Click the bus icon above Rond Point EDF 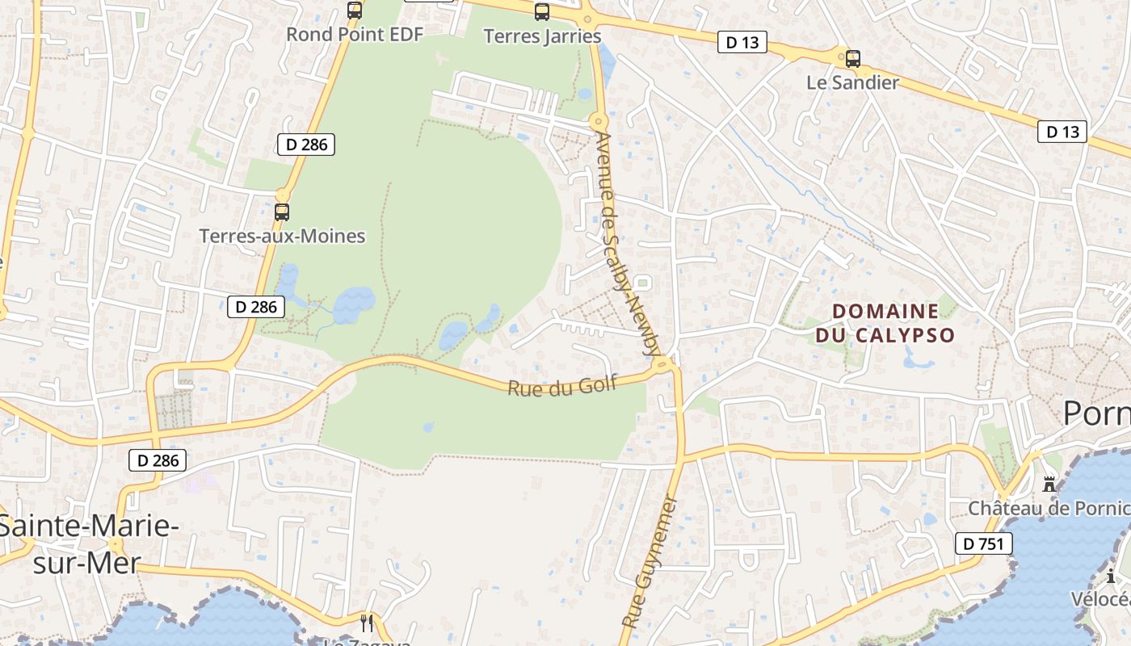pos(355,10)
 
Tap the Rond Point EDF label pos(355,35)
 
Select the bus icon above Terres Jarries pos(542,12)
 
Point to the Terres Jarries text pos(542,36)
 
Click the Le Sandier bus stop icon pos(853,59)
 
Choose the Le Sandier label pos(853,82)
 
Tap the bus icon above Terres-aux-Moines pos(282,212)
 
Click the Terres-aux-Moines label pos(282,237)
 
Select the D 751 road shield pos(983,543)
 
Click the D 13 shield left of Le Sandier pos(742,43)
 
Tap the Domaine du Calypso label pos(885,323)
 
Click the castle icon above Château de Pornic pos(1049,484)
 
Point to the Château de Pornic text pos(1049,509)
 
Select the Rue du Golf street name pos(562,385)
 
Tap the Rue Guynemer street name pos(650,562)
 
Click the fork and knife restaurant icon pos(367,623)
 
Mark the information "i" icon pos(1112,576)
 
